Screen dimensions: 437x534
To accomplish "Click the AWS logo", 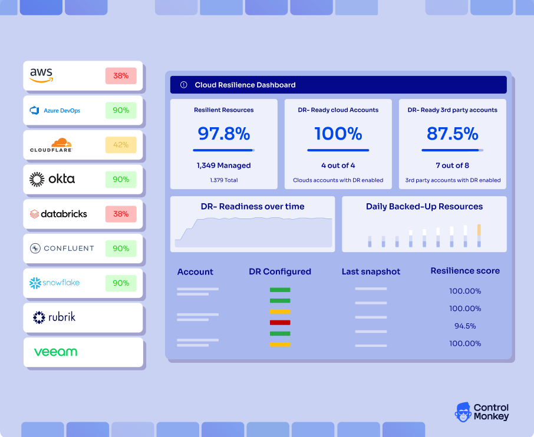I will tap(41, 75).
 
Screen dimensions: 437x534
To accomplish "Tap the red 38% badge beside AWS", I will tap(121, 75).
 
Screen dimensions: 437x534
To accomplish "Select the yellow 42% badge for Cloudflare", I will tap(121, 145).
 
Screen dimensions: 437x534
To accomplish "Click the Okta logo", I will tap(52, 179).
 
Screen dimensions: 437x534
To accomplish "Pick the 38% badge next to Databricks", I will tap(121, 214).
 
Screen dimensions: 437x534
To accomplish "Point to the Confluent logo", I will tap(62, 249).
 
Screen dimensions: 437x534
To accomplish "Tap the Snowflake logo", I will tap(54, 283).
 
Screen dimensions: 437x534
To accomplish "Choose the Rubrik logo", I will tap(54, 317).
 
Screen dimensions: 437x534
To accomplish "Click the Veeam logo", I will tap(55, 352).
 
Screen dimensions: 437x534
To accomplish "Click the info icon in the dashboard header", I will tap(183, 85).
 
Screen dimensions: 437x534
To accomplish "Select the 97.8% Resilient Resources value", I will tap(223, 134).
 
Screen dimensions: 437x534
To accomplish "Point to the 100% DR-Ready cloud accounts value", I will tap(338, 134).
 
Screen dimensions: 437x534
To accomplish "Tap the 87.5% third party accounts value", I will tap(452, 134).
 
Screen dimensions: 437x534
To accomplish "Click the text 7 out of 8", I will tap(452, 165).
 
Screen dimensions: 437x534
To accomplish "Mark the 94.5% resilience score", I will tap(465, 326).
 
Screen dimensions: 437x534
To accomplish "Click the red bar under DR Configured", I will tap(280, 323).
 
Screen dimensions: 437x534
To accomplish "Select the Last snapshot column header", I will tap(371, 272).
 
